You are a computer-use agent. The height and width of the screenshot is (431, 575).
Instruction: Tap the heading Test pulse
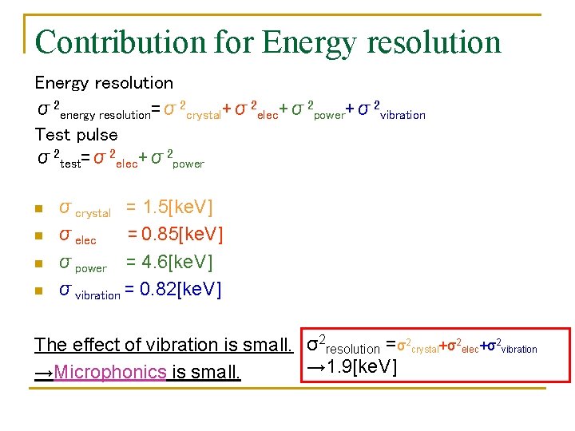point(76,134)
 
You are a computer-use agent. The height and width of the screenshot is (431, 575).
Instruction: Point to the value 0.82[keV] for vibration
point(180,288)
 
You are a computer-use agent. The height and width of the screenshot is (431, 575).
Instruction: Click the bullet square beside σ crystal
point(38,210)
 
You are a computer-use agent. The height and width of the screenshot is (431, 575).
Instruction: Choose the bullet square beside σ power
point(38,263)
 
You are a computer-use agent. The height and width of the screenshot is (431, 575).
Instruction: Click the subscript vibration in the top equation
point(402,115)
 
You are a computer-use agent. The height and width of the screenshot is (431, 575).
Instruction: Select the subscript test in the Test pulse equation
point(70,164)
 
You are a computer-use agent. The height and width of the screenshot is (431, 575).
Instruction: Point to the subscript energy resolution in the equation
point(105,115)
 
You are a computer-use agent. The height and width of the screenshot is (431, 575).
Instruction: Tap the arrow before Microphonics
point(44,372)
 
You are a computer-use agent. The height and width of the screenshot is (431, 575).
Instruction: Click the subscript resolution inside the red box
point(354,349)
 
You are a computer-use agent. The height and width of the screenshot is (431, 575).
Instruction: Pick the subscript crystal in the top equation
point(203,115)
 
